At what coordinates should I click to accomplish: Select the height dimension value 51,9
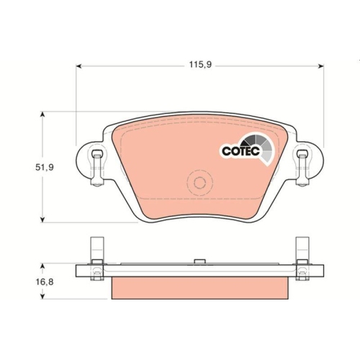pyautogui.click(x=26, y=167)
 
